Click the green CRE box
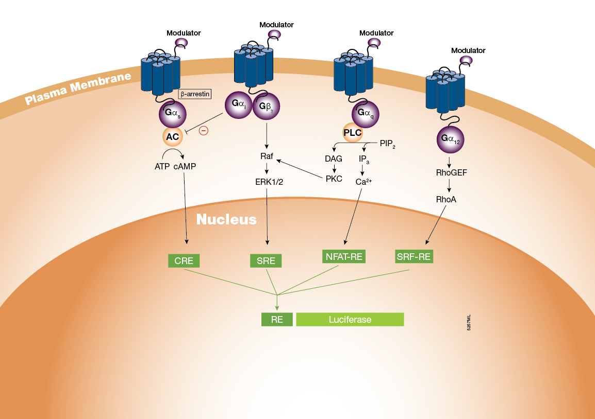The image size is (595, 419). [184, 260]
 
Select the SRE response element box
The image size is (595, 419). [266, 260]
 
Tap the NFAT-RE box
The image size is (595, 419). [344, 256]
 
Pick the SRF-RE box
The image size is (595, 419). [414, 256]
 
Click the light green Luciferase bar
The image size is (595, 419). [350, 319]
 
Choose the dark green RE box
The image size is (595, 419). [277, 319]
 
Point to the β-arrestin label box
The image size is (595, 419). [195, 94]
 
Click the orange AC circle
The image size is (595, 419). [172, 137]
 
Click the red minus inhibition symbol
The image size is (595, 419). [204, 131]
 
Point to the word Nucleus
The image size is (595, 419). [226, 219]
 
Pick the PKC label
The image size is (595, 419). [334, 179]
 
